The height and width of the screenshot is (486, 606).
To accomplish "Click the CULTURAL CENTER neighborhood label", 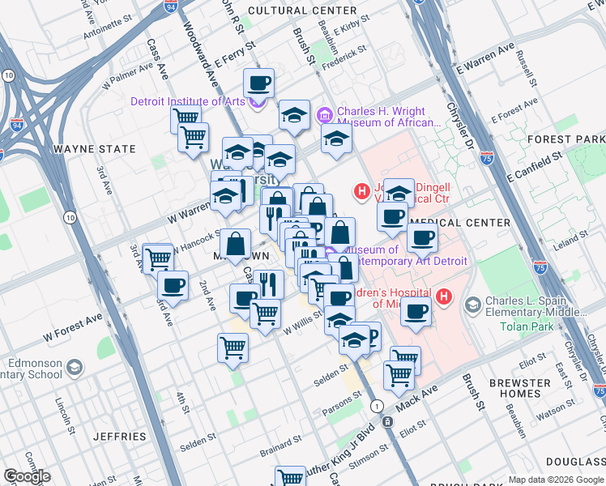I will tap(302, 11).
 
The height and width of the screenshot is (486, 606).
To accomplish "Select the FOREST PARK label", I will tap(565, 139).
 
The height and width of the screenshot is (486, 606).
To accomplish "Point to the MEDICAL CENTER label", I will tap(460, 222).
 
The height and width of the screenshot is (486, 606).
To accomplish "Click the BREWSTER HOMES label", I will tap(526, 388).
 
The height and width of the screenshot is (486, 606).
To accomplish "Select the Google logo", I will tap(27, 476).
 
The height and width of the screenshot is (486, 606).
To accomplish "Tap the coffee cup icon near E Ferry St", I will tap(258, 82).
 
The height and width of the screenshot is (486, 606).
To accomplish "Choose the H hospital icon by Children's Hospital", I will tap(443, 297).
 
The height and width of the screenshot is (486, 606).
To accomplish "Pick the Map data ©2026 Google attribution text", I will tap(556, 480).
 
